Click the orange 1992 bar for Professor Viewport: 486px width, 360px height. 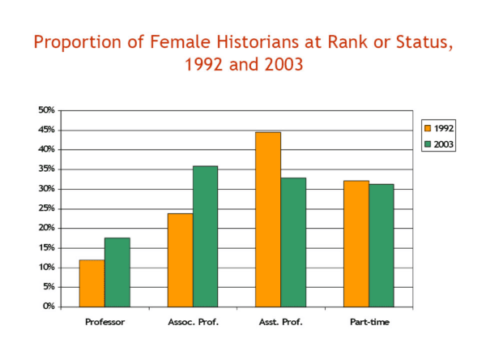coord(92,283)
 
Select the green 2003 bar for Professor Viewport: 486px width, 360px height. coord(117,272)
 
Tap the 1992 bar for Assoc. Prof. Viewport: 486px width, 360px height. coord(180,259)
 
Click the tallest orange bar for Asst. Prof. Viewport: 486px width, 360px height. coord(268,219)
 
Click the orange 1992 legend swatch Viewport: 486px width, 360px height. coord(427,128)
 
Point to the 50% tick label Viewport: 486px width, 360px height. coord(46,110)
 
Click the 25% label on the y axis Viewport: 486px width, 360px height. coord(46,208)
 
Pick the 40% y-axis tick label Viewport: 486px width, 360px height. coord(46,149)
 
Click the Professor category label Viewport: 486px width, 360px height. coord(104,323)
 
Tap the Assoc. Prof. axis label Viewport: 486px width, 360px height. coord(192,323)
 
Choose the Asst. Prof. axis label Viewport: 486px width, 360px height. coord(280,323)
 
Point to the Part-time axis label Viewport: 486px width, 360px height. coord(369,323)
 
